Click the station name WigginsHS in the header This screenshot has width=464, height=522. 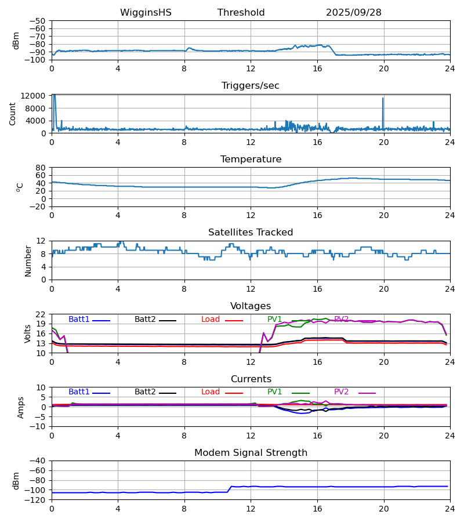coord(146,13)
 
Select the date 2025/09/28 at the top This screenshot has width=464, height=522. coord(353,13)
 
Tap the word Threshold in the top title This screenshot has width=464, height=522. coord(241,13)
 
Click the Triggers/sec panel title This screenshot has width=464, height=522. coord(250,86)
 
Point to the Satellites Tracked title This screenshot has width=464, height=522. coord(250,233)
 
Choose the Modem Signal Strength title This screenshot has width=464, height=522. coord(250,453)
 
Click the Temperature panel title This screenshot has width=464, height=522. coord(250,159)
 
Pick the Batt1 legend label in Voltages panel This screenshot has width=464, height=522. coord(79,320)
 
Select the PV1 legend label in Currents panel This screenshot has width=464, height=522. coord(274,392)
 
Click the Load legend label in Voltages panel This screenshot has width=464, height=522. coord(211,320)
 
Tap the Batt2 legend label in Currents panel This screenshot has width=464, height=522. coord(145,392)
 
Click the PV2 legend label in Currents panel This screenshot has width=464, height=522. coord(341,392)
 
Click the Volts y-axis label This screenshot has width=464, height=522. coord(27,333)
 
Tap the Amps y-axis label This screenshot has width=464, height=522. coord(21,407)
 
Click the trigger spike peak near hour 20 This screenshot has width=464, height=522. coord(383,98)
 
